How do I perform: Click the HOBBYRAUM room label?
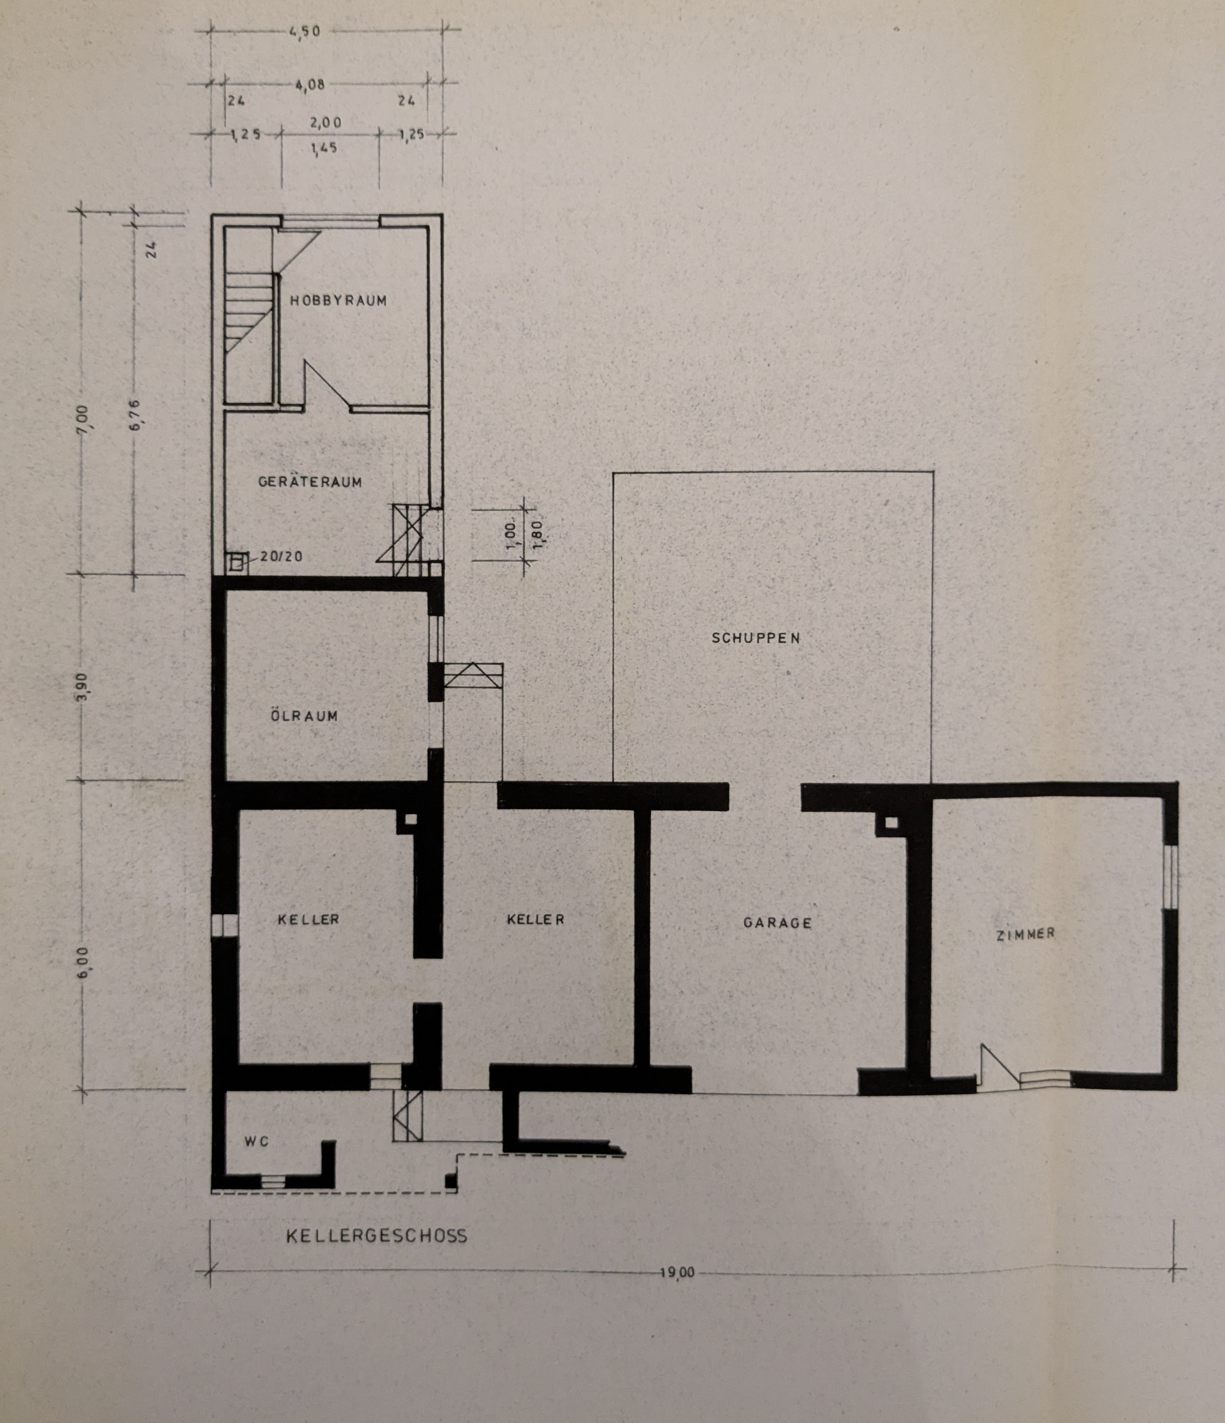click(338, 300)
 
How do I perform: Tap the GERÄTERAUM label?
click(309, 482)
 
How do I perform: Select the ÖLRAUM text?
click(304, 716)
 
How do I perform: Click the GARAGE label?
click(777, 923)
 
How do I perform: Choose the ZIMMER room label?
click(1025, 934)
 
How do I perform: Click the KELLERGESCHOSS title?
click(376, 1236)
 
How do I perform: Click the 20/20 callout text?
click(281, 556)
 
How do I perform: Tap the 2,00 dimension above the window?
click(325, 123)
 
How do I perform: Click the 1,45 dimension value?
click(323, 148)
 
